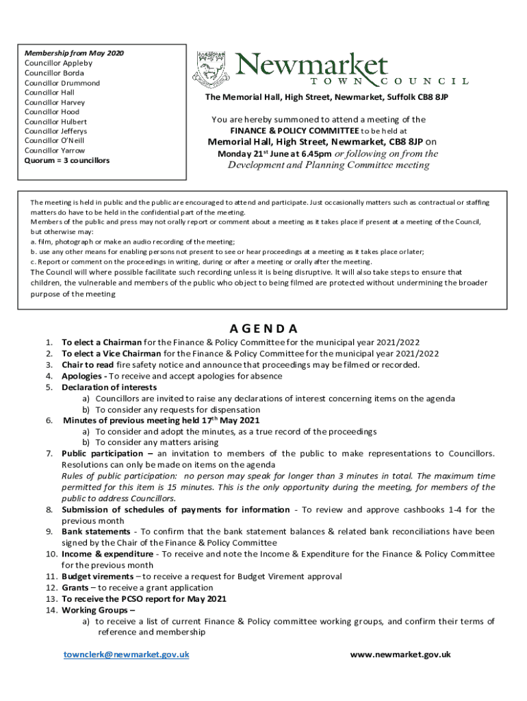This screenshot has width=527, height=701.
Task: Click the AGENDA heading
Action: click(263, 328)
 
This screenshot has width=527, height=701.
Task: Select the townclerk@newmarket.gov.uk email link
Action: click(126, 654)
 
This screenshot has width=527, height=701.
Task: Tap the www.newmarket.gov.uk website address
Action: click(400, 654)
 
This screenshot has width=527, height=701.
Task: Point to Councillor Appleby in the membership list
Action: click(58, 63)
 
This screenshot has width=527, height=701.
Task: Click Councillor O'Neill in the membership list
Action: click(55, 140)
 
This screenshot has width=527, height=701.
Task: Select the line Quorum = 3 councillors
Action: click(67, 160)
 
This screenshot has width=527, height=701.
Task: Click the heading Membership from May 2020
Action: click(74, 53)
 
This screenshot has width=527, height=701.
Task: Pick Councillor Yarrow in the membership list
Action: click(55, 150)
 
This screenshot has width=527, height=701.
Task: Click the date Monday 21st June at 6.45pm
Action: click(274, 154)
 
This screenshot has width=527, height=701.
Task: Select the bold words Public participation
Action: click(103, 453)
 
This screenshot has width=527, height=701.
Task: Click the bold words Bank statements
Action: click(96, 531)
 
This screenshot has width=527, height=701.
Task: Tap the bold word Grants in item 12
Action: click(75, 587)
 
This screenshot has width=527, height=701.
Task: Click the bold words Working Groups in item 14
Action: click(95, 610)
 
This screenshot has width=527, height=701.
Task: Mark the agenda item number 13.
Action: click(51, 599)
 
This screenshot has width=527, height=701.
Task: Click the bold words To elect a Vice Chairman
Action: click(112, 353)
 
